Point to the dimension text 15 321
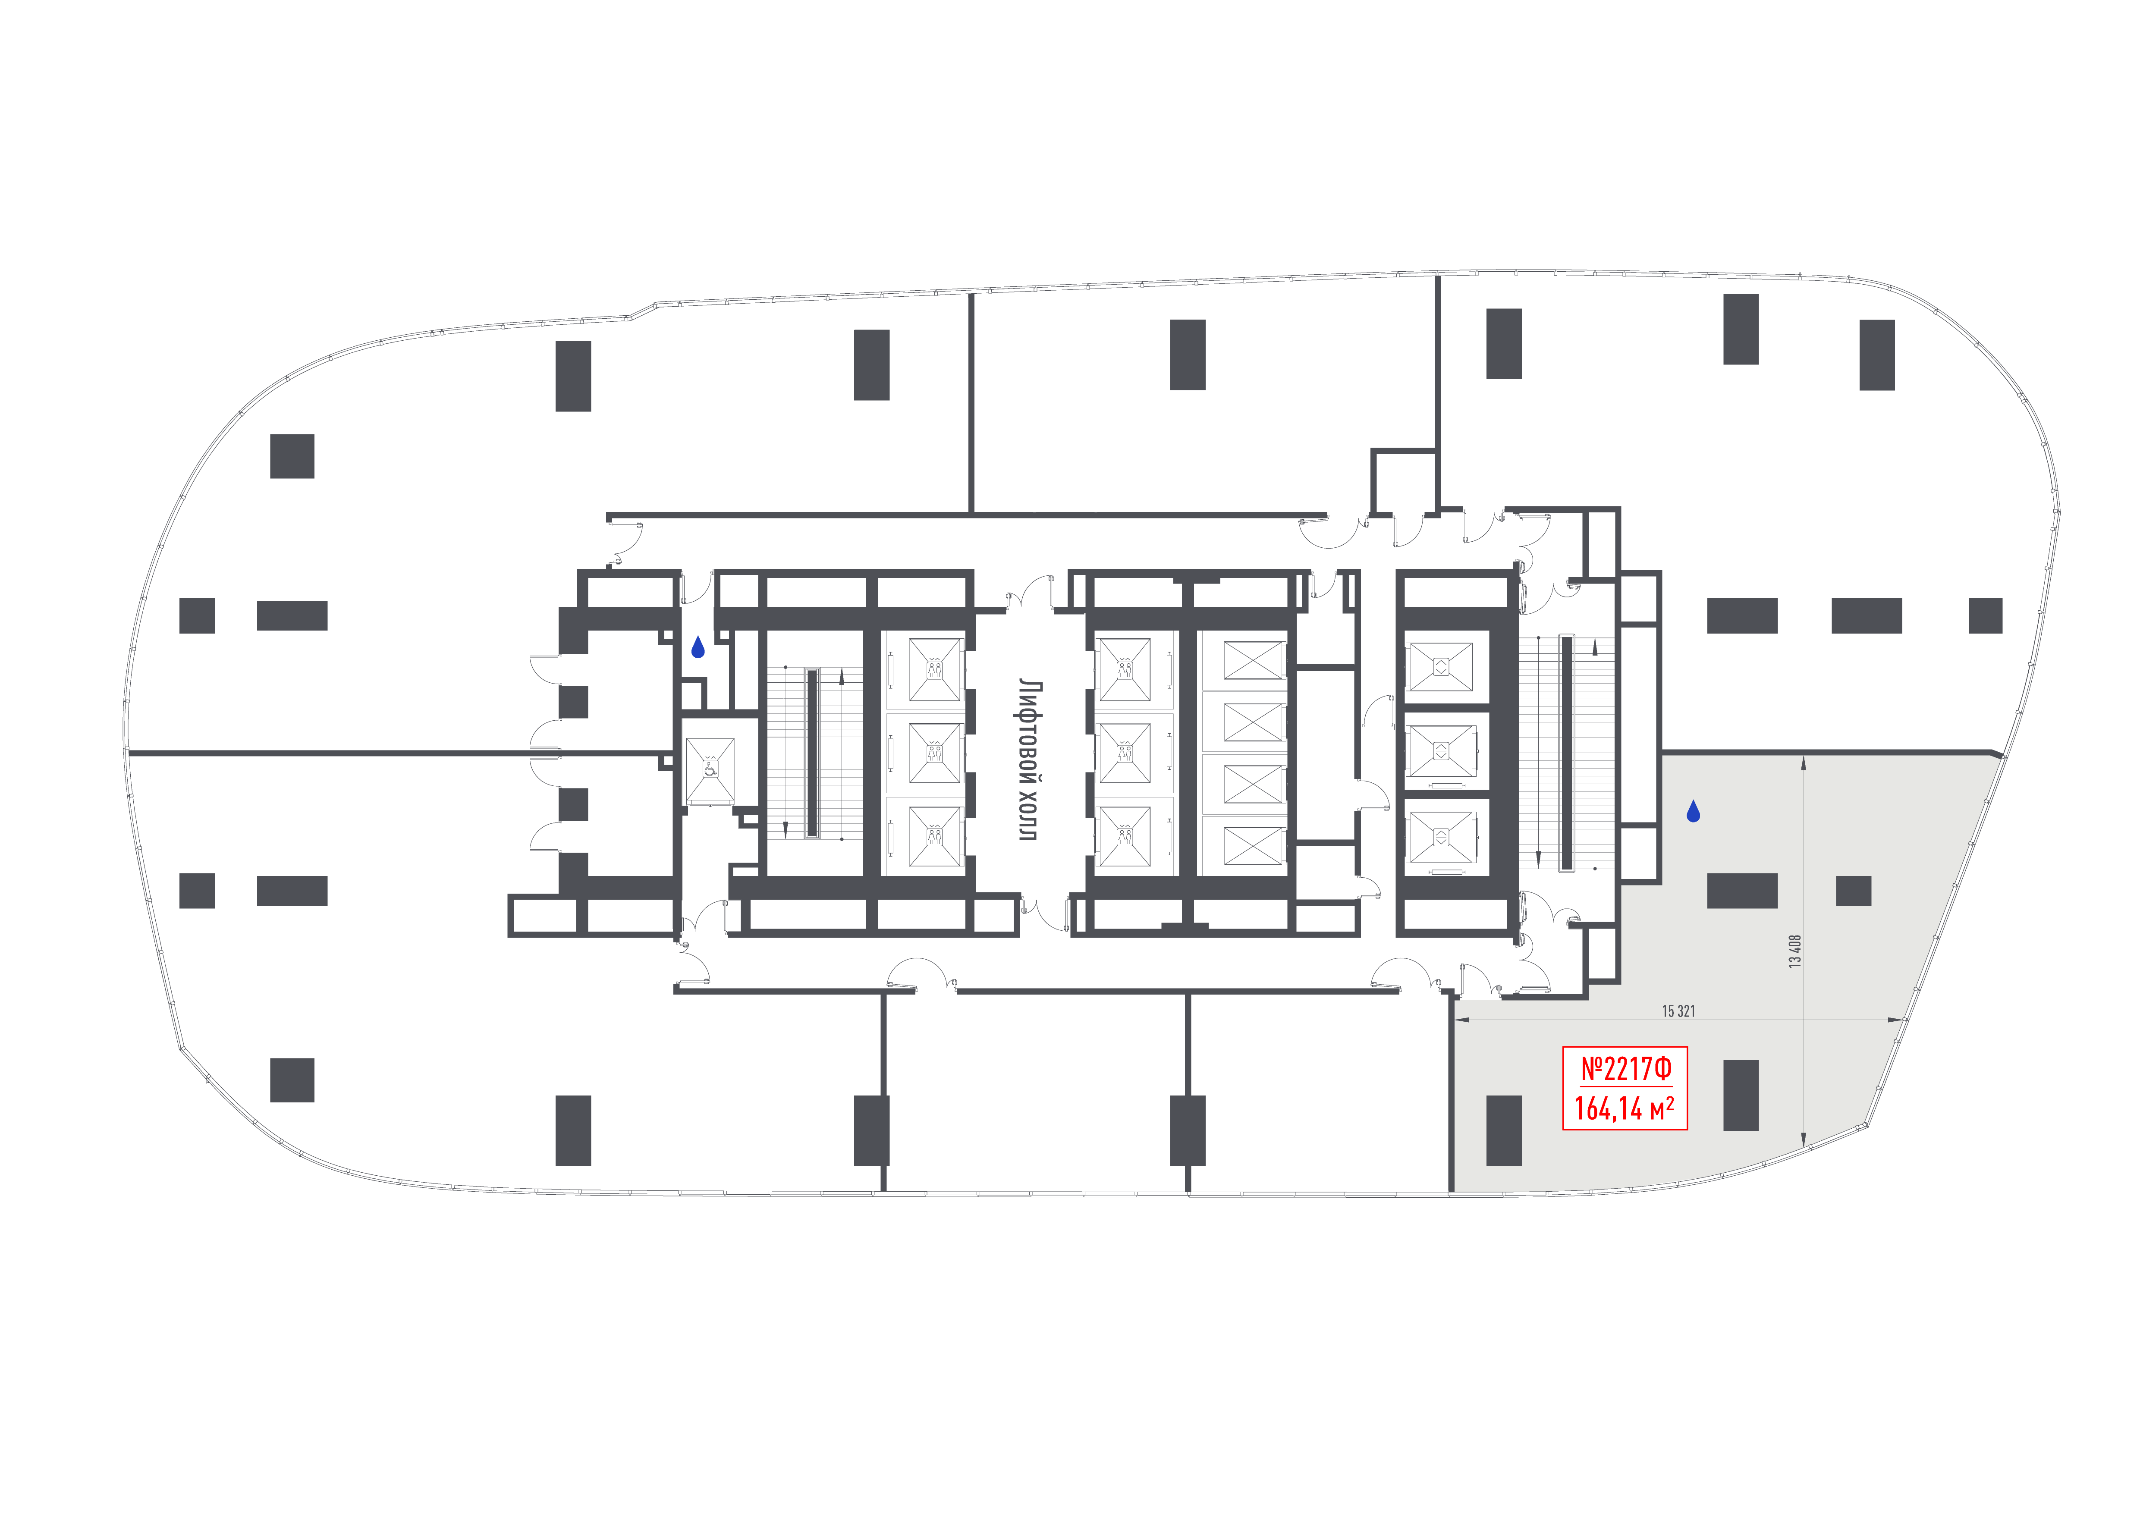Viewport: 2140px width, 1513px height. point(1678,1011)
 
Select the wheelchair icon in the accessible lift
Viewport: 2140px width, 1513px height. point(710,769)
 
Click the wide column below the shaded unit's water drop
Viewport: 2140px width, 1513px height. point(1742,891)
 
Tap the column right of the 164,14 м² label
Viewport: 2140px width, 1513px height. point(1741,1096)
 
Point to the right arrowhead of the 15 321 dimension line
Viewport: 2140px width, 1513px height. point(1896,1020)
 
